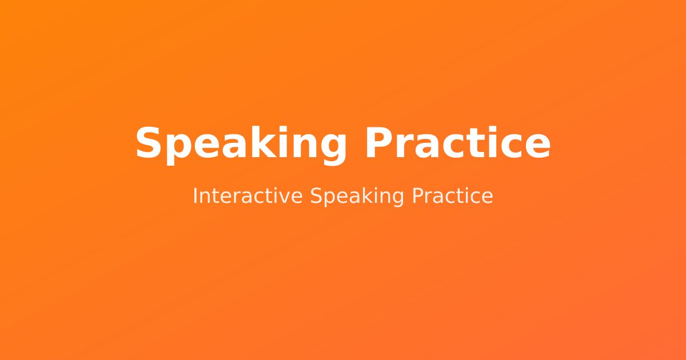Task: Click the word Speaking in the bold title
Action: pos(241,145)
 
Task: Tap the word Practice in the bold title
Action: pos(458,143)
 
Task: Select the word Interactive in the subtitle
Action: pos(248,196)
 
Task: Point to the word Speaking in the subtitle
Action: pos(357,197)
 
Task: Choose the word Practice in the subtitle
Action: pos(452,196)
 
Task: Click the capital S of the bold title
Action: pos(148,143)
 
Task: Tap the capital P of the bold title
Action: pos(379,143)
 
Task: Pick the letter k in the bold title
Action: pos(263,142)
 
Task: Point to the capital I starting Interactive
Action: pos(194,196)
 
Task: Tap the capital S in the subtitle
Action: pos(316,196)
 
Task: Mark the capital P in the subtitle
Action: pos(418,196)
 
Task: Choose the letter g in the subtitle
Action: pos(398,199)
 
